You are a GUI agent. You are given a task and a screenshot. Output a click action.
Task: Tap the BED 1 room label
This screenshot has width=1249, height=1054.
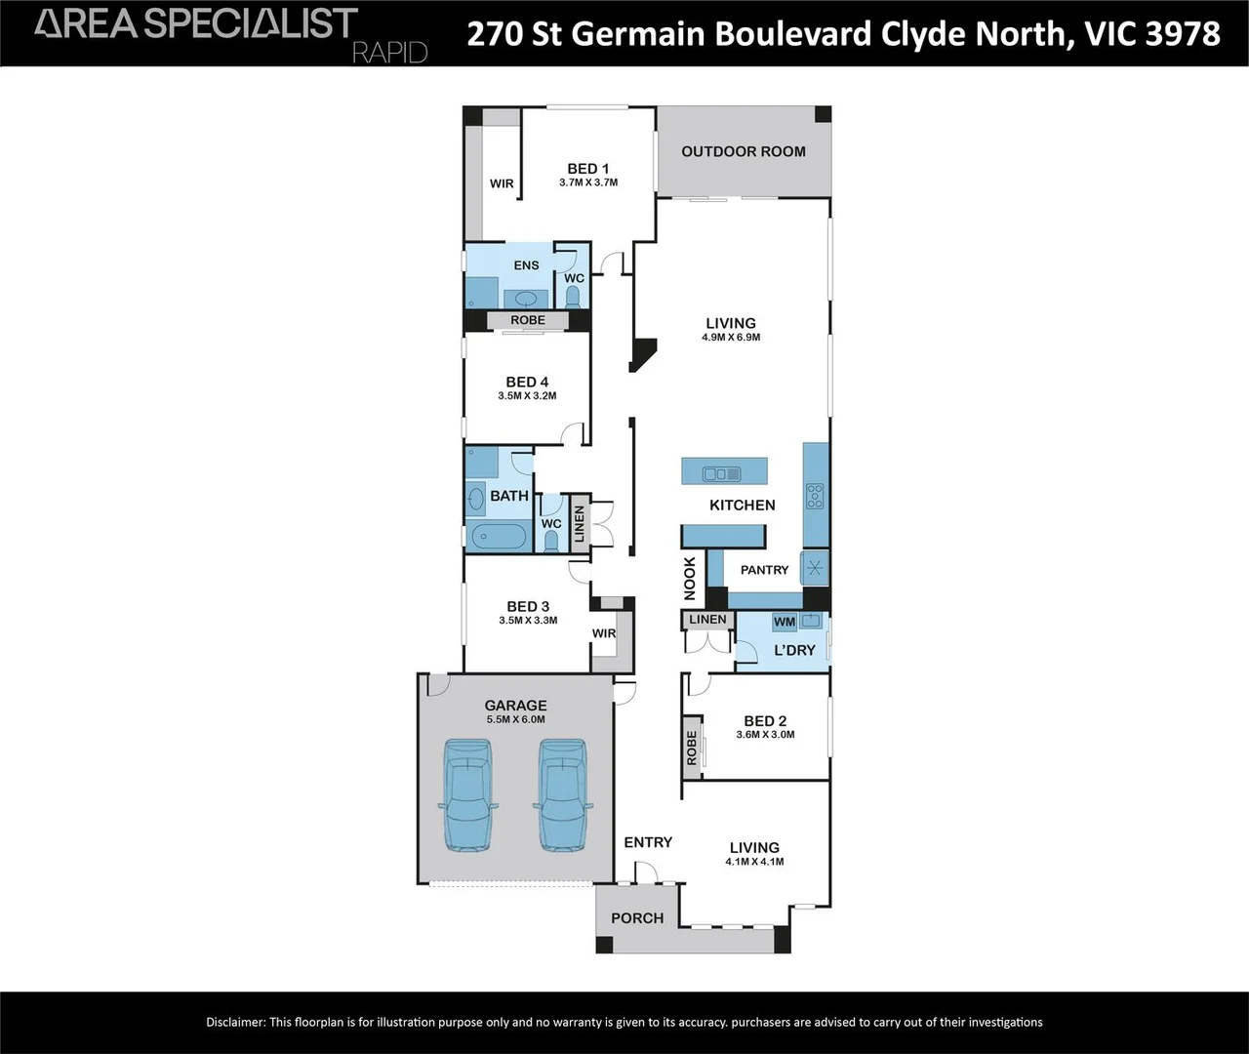pos(587,169)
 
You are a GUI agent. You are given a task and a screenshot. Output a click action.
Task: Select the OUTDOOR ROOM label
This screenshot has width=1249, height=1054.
pos(744,151)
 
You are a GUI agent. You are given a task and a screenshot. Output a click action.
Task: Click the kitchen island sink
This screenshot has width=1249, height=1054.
pos(722,474)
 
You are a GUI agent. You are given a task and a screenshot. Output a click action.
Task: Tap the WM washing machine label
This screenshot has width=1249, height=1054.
pos(785,622)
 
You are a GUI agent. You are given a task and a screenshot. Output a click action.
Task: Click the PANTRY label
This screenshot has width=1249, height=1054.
pos(764,570)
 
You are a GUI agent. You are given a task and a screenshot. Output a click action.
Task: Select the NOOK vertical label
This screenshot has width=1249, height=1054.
pos(690,578)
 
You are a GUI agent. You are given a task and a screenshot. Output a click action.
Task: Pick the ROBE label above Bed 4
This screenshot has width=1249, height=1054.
pos(528,320)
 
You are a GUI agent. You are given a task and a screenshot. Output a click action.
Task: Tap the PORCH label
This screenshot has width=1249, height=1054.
pos(637,918)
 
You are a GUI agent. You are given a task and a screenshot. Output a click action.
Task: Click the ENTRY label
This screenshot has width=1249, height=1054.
pos(648,842)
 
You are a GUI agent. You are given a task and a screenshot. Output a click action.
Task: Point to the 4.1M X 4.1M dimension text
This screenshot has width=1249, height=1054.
pos(754,862)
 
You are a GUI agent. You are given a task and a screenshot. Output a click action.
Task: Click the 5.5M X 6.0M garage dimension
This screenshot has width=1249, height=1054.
pos(515,719)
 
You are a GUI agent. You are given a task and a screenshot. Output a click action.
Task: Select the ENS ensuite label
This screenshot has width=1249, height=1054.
pos(526,265)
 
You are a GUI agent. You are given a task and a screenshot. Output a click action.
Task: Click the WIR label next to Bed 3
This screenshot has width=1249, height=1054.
pos(604,633)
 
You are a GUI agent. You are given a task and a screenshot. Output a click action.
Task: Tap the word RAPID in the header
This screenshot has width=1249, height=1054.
pos(389,52)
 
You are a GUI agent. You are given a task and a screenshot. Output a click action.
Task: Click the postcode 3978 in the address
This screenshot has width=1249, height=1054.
pos(1182,33)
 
